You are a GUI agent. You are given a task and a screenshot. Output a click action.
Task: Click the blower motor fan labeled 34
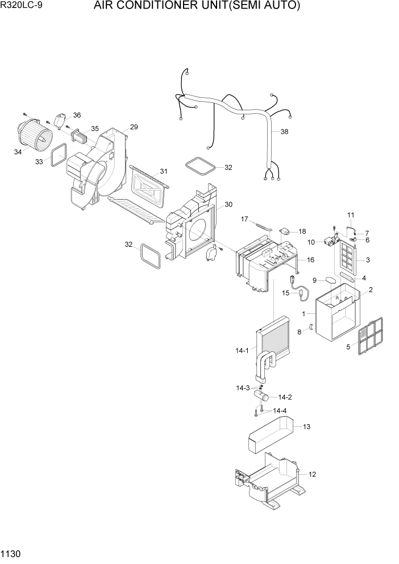(x=35, y=135)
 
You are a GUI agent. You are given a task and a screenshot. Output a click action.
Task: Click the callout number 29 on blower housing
(x=134, y=127)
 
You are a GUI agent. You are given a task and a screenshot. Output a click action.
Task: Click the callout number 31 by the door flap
(x=163, y=171)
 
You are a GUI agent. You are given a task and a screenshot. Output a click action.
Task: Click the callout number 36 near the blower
(x=77, y=115)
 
